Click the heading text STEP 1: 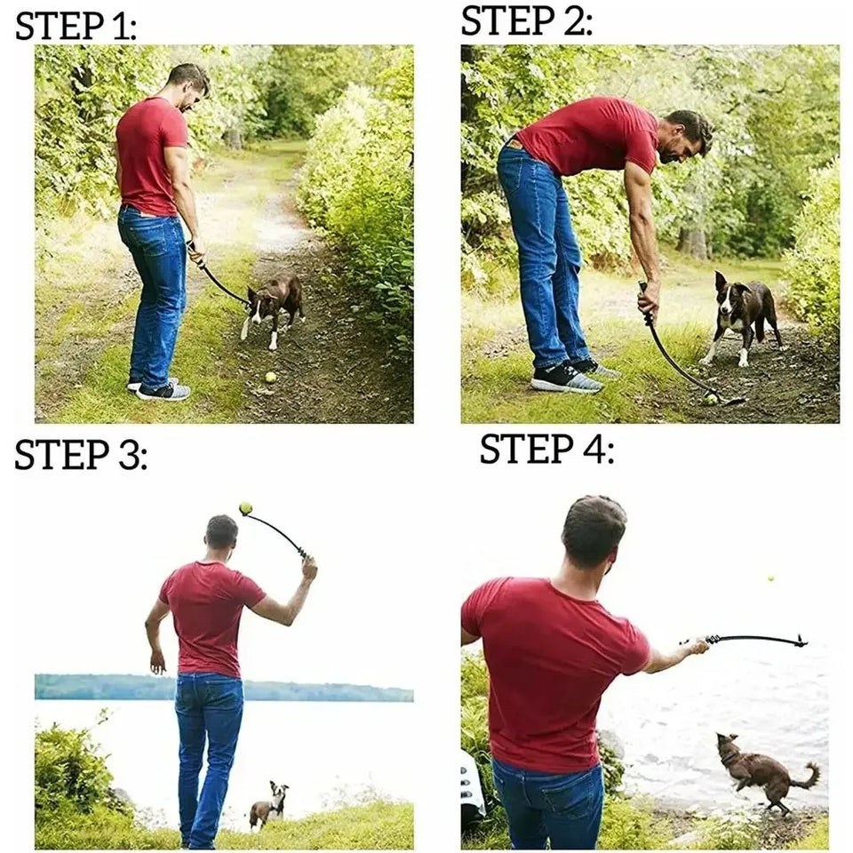76,27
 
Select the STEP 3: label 80,455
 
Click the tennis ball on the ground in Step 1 270,377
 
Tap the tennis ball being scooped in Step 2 710,399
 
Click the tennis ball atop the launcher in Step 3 245,508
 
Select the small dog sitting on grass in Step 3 268,804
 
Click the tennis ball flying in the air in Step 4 769,579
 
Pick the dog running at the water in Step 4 760,769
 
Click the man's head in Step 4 594,533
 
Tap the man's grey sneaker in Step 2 565,379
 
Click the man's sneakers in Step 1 160,389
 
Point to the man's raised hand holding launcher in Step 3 308,567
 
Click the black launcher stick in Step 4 755,639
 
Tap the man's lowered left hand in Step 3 157,661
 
